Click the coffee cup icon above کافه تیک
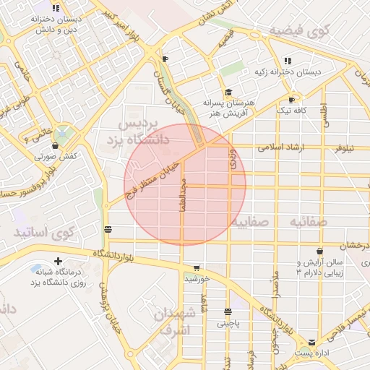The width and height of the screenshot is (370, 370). click(x=291, y=100)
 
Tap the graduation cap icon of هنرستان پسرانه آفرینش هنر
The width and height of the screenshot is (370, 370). click(x=228, y=92)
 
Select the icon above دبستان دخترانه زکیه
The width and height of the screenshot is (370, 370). click(x=287, y=61)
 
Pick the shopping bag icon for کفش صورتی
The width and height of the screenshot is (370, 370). click(x=55, y=146)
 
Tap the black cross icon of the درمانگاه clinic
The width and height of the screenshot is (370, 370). click(x=58, y=260)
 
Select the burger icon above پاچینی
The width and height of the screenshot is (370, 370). click(x=228, y=313)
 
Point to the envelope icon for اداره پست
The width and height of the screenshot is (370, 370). click(x=312, y=342)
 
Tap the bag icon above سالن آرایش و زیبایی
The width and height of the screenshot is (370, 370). click(x=319, y=251)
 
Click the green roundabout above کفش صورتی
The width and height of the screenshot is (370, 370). click(x=64, y=135)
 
